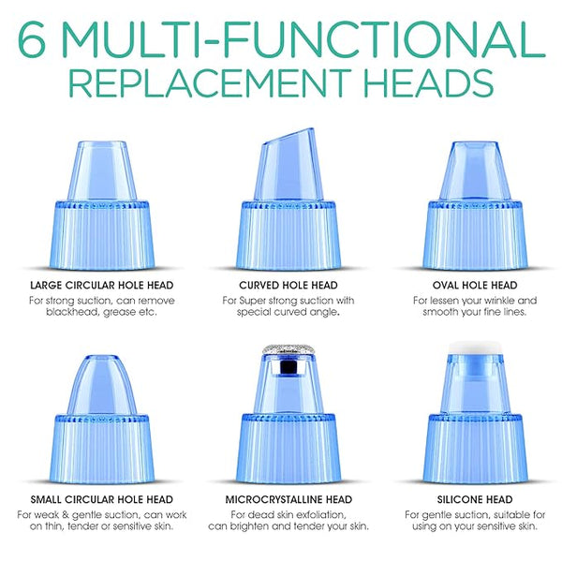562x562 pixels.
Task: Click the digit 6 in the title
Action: pyautogui.click(x=32, y=39)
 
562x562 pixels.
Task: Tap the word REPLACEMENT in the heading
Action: pyautogui.click(x=209, y=82)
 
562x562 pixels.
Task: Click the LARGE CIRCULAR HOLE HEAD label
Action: pyautogui.click(x=102, y=286)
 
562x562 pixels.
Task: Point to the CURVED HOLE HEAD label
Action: pyautogui.click(x=288, y=286)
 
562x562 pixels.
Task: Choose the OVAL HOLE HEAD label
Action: pyautogui.click(x=475, y=286)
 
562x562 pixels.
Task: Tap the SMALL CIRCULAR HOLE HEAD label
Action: pyautogui.click(x=102, y=499)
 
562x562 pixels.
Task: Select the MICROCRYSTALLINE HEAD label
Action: pyautogui.click(x=288, y=499)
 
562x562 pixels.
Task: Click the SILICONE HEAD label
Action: pyautogui.click(x=475, y=499)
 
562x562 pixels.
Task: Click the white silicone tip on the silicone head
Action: pyautogui.click(x=475, y=348)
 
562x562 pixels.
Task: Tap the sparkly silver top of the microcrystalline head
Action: pyautogui.click(x=288, y=349)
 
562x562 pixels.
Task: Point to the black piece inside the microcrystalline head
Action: pyautogui.click(x=288, y=367)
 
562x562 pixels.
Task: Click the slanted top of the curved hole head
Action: pyautogui.click(x=288, y=137)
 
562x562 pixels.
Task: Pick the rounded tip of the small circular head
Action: pyautogui.click(x=102, y=360)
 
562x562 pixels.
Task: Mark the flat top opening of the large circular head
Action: pyautogui.click(x=102, y=143)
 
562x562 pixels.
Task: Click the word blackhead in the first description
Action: pyautogui.click(x=73, y=312)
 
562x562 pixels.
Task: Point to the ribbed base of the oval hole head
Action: pyautogui.click(x=475, y=235)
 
